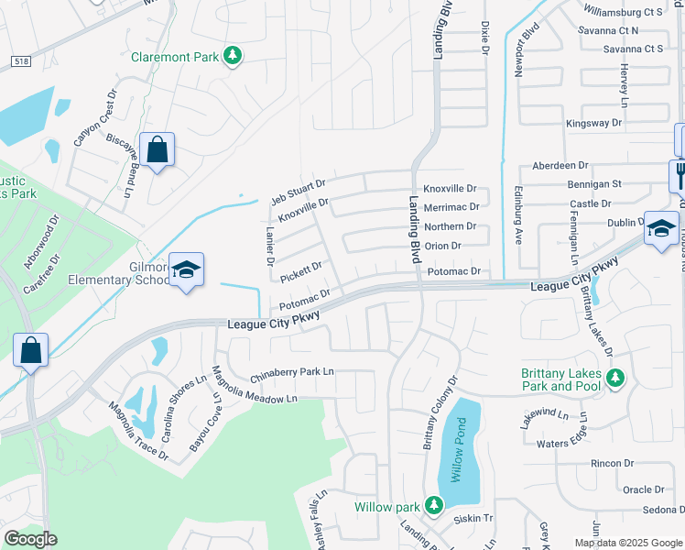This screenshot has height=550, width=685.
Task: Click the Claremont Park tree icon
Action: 234,57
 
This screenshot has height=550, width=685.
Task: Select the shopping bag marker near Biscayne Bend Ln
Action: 158,151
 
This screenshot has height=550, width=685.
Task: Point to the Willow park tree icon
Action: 433,505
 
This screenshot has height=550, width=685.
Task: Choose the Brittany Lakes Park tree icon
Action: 615,378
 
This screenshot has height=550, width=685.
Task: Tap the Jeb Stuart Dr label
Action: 299,192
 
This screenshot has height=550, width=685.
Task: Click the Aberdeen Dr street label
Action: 559,166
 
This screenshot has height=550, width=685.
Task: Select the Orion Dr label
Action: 442,246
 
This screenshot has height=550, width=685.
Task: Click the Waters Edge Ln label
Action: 566,444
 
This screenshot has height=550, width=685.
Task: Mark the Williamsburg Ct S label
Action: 624,12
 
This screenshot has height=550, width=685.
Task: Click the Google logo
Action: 30,538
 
